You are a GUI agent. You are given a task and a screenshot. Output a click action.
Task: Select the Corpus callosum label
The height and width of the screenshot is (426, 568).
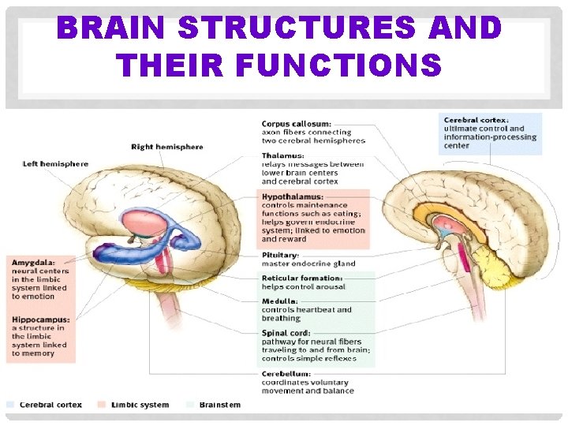click(x=296, y=124)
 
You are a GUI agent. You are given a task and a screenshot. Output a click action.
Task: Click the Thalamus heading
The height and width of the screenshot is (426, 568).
click(x=282, y=156)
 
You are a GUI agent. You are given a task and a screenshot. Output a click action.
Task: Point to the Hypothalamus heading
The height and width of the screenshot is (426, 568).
click(x=293, y=196)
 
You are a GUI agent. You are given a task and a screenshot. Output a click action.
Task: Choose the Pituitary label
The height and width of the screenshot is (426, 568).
click(x=281, y=256)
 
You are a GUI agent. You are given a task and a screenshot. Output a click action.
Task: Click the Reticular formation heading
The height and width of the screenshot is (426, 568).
click(x=302, y=278)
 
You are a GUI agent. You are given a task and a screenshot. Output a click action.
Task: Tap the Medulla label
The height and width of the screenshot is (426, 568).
click(x=280, y=301)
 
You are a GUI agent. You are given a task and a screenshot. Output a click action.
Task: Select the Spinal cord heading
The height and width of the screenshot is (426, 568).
click(x=286, y=333)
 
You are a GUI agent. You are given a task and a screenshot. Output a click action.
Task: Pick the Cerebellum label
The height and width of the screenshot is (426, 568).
click(x=286, y=374)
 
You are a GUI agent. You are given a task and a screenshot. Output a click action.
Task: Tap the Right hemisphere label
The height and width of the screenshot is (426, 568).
click(x=166, y=147)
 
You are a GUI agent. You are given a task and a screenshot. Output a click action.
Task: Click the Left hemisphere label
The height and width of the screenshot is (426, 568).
click(x=55, y=164)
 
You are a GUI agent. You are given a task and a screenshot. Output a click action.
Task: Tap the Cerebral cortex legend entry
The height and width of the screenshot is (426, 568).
click(x=49, y=405)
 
